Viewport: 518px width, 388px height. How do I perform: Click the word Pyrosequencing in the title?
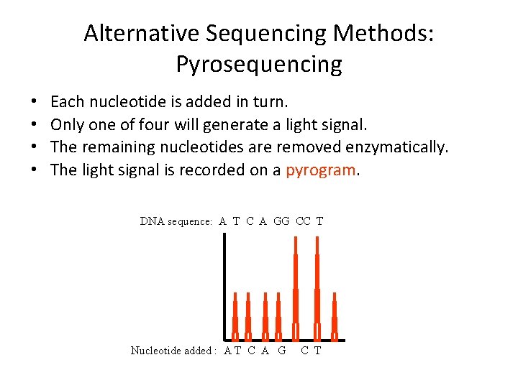coord(259,65)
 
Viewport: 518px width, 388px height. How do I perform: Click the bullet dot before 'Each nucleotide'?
coord(35,103)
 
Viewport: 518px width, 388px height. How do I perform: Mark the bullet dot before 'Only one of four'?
coord(35,126)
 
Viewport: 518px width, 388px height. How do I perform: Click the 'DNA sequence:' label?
coord(176,221)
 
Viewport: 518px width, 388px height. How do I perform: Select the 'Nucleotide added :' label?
coord(173,351)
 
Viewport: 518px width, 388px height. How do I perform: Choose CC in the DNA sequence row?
coord(303,221)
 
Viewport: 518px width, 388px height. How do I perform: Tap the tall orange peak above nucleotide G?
coord(295,287)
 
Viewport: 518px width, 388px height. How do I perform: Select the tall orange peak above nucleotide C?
coord(317,287)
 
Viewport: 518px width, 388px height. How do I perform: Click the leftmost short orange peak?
coord(235,316)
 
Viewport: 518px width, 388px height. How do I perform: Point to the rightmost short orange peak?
coord(335,316)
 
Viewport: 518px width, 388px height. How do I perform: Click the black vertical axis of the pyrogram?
coord(224,287)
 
